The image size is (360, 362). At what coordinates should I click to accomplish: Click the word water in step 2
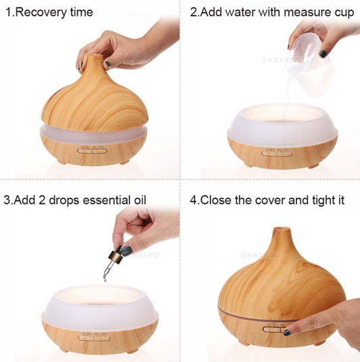(x=242, y=13)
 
